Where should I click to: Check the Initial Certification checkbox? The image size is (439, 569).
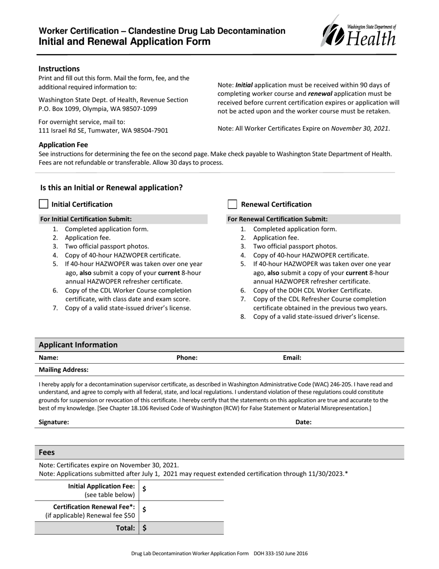click(x=43, y=204)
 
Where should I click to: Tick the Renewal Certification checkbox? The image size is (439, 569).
click(x=232, y=204)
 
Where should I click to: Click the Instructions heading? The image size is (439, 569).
click(x=59, y=68)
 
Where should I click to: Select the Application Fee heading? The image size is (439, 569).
click(x=63, y=145)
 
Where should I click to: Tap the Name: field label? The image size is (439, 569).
click(x=49, y=358)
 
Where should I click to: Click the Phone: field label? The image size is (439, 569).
click(x=187, y=358)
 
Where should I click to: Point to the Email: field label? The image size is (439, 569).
click(x=292, y=358)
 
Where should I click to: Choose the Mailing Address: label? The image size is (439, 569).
click(x=64, y=370)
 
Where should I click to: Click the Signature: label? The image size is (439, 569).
click(x=54, y=422)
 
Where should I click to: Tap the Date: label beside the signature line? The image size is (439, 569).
click(x=304, y=422)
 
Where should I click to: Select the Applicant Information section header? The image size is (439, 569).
click(x=78, y=345)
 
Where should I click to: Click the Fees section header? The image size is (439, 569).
click(x=47, y=452)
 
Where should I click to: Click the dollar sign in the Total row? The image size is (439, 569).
click(x=145, y=528)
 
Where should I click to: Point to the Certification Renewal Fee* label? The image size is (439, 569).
click(x=94, y=507)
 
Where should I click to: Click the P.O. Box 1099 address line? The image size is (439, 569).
click(x=98, y=109)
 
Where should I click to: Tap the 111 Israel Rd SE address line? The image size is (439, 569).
click(x=103, y=130)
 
